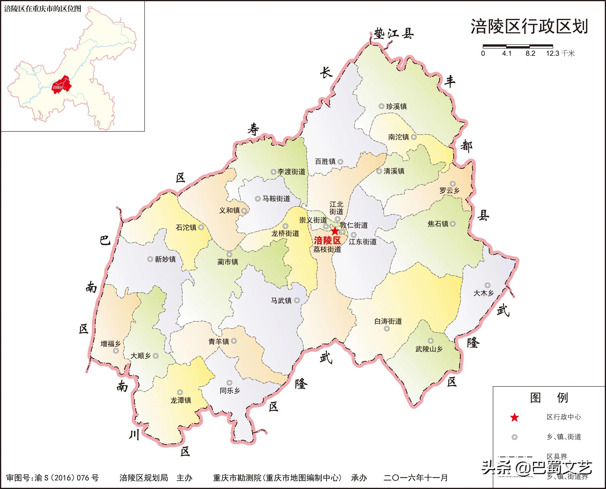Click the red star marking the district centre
point(335,231)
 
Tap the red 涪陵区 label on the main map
point(327,241)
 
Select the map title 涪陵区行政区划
point(529,27)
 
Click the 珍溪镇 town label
point(396,106)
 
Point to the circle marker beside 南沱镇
point(414,137)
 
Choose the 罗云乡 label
point(449,191)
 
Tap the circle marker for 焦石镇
point(453,224)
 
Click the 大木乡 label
point(483,293)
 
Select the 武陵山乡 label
point(429,349)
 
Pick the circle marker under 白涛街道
point(387,328)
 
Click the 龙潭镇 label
point(181,400)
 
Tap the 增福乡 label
point(110,344)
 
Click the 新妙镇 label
point(165,259)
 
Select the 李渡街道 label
point(291,172)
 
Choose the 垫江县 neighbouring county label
point(394,34)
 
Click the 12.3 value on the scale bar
point(552,54)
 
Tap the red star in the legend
point(515,417)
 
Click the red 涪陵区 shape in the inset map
point(61,85)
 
